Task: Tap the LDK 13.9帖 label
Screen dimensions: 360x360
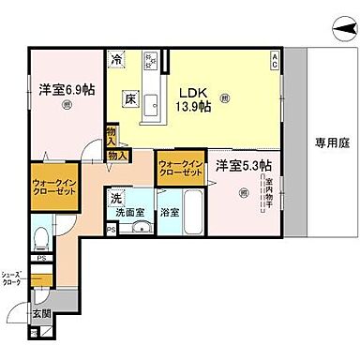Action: click(x=191, y=97)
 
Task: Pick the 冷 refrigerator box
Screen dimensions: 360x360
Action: click(x=117, y=60)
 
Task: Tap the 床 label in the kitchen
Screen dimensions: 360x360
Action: click(x=132, y=97)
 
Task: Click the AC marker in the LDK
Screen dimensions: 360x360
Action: click(x=275, y=62)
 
